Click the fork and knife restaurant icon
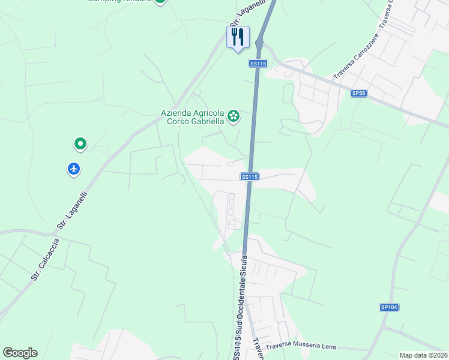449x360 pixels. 238,37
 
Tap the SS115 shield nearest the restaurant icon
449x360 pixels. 258,64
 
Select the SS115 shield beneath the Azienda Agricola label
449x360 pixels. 250,176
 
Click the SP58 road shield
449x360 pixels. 359,93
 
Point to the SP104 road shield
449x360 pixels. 389,307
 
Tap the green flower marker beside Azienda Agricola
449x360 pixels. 234,116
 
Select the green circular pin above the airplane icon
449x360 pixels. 80,144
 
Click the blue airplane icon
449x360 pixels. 74,169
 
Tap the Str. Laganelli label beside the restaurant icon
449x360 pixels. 238,15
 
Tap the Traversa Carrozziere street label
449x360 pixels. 354,62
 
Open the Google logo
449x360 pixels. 20,353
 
